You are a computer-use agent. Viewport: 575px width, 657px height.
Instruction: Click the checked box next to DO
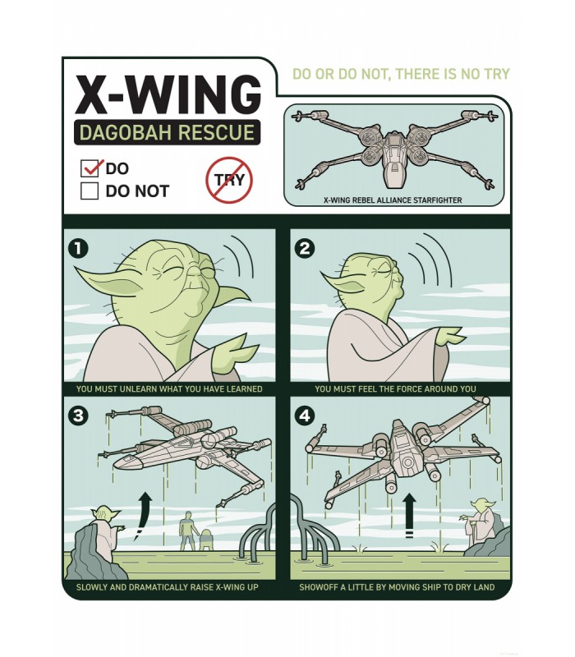[x=90, y=169]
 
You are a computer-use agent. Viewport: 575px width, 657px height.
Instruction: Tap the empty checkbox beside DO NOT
[x=90, y=191]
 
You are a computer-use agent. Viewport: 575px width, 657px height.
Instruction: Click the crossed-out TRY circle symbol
[x=228, y=180]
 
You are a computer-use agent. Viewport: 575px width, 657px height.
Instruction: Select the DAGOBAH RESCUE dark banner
[x=168, y=132]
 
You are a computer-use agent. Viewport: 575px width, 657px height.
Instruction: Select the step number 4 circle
[x=305, y=416]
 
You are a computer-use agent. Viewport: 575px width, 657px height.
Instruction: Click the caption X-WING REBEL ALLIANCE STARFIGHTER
[x=392, y=200]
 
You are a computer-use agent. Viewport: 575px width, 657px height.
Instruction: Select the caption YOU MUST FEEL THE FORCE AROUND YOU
[x=395, y=388]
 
